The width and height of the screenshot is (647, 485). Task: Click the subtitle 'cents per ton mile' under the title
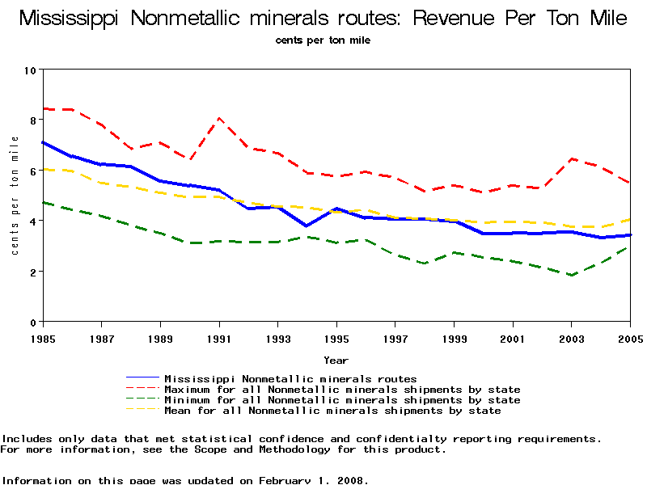pyautogui.click(x=323, y=40)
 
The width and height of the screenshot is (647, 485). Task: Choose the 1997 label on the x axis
pyautogui.click(x=395, y=337)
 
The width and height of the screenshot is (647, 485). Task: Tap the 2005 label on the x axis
pyautogui.click(x=630, y=337)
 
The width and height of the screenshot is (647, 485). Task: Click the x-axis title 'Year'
pyautogui.click(x=336, y=360)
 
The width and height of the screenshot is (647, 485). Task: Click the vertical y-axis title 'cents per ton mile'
pyautogui.click(x=15, y=196)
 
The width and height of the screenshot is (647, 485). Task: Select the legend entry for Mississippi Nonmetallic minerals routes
pyautogui.click(x=290, y=378)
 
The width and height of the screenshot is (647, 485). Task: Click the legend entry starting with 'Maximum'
pyautogui.click(x=341, y=390)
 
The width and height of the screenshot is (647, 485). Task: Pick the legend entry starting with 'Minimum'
pyautogui.click(x=341, y=400)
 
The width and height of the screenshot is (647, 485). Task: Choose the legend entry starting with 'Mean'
pyautogui.click(x=332, y=411)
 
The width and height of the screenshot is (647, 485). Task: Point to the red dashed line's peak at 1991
pyautogui.click(x=219, y=118)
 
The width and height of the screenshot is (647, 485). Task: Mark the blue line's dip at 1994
pyautogui.click(x=307, y=226)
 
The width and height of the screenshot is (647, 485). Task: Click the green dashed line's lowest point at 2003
pyautogui.click(x=571, y=275)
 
